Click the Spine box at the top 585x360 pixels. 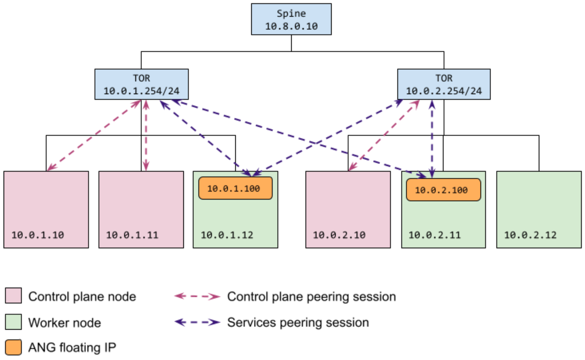click(x=291, y=19)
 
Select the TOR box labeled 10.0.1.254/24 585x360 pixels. click(x=141, y=84)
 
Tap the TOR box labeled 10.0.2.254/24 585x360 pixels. click(x=444, y=84)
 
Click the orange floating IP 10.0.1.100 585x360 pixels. click(x=235, y=188)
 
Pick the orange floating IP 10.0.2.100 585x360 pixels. click(x=443, y=190)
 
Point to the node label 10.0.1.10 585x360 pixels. click(x=37, y=235)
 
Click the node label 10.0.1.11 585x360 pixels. click(x=132, y=235)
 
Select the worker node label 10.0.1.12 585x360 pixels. click(x=227, y=235)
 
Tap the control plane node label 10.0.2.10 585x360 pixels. click(x=339, y=235)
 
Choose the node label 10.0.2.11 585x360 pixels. click(x=434, y=235)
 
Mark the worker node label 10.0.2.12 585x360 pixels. click(x=530, y=235)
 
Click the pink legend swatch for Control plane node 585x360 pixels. click(x=14, y=295)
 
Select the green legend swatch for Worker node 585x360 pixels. click(x=14, y=322)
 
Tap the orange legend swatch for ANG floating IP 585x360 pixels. click(x=14, y=347)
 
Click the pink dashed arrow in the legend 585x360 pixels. click(x=197, y=296)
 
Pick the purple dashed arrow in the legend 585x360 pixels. click(x=197, y=322)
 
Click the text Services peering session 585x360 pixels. click(x=298, y=323)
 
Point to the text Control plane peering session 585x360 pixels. click(x=311, y=297)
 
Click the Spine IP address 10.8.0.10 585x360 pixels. click(x=291, y=26)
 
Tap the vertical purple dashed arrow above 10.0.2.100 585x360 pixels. click(x=432, y=138)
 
